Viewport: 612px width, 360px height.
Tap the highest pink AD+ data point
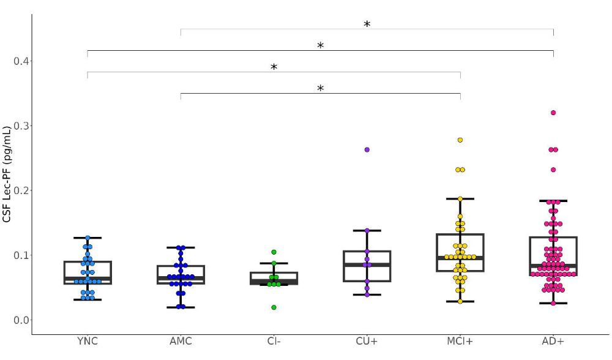tap(553, 113)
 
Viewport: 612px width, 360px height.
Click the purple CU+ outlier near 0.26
tap(367, 149)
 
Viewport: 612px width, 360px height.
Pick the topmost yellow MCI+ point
tap(460, 140)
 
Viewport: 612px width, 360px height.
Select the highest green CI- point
tap(274, 252)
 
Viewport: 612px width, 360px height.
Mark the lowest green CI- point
tap(274, 307)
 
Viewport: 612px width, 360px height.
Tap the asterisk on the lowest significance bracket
tap(320, 89)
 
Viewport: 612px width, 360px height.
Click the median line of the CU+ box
tap(367, 265)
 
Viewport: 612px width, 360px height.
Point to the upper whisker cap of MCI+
tap(460, 198)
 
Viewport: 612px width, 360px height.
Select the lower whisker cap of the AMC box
tap(181, 307)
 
